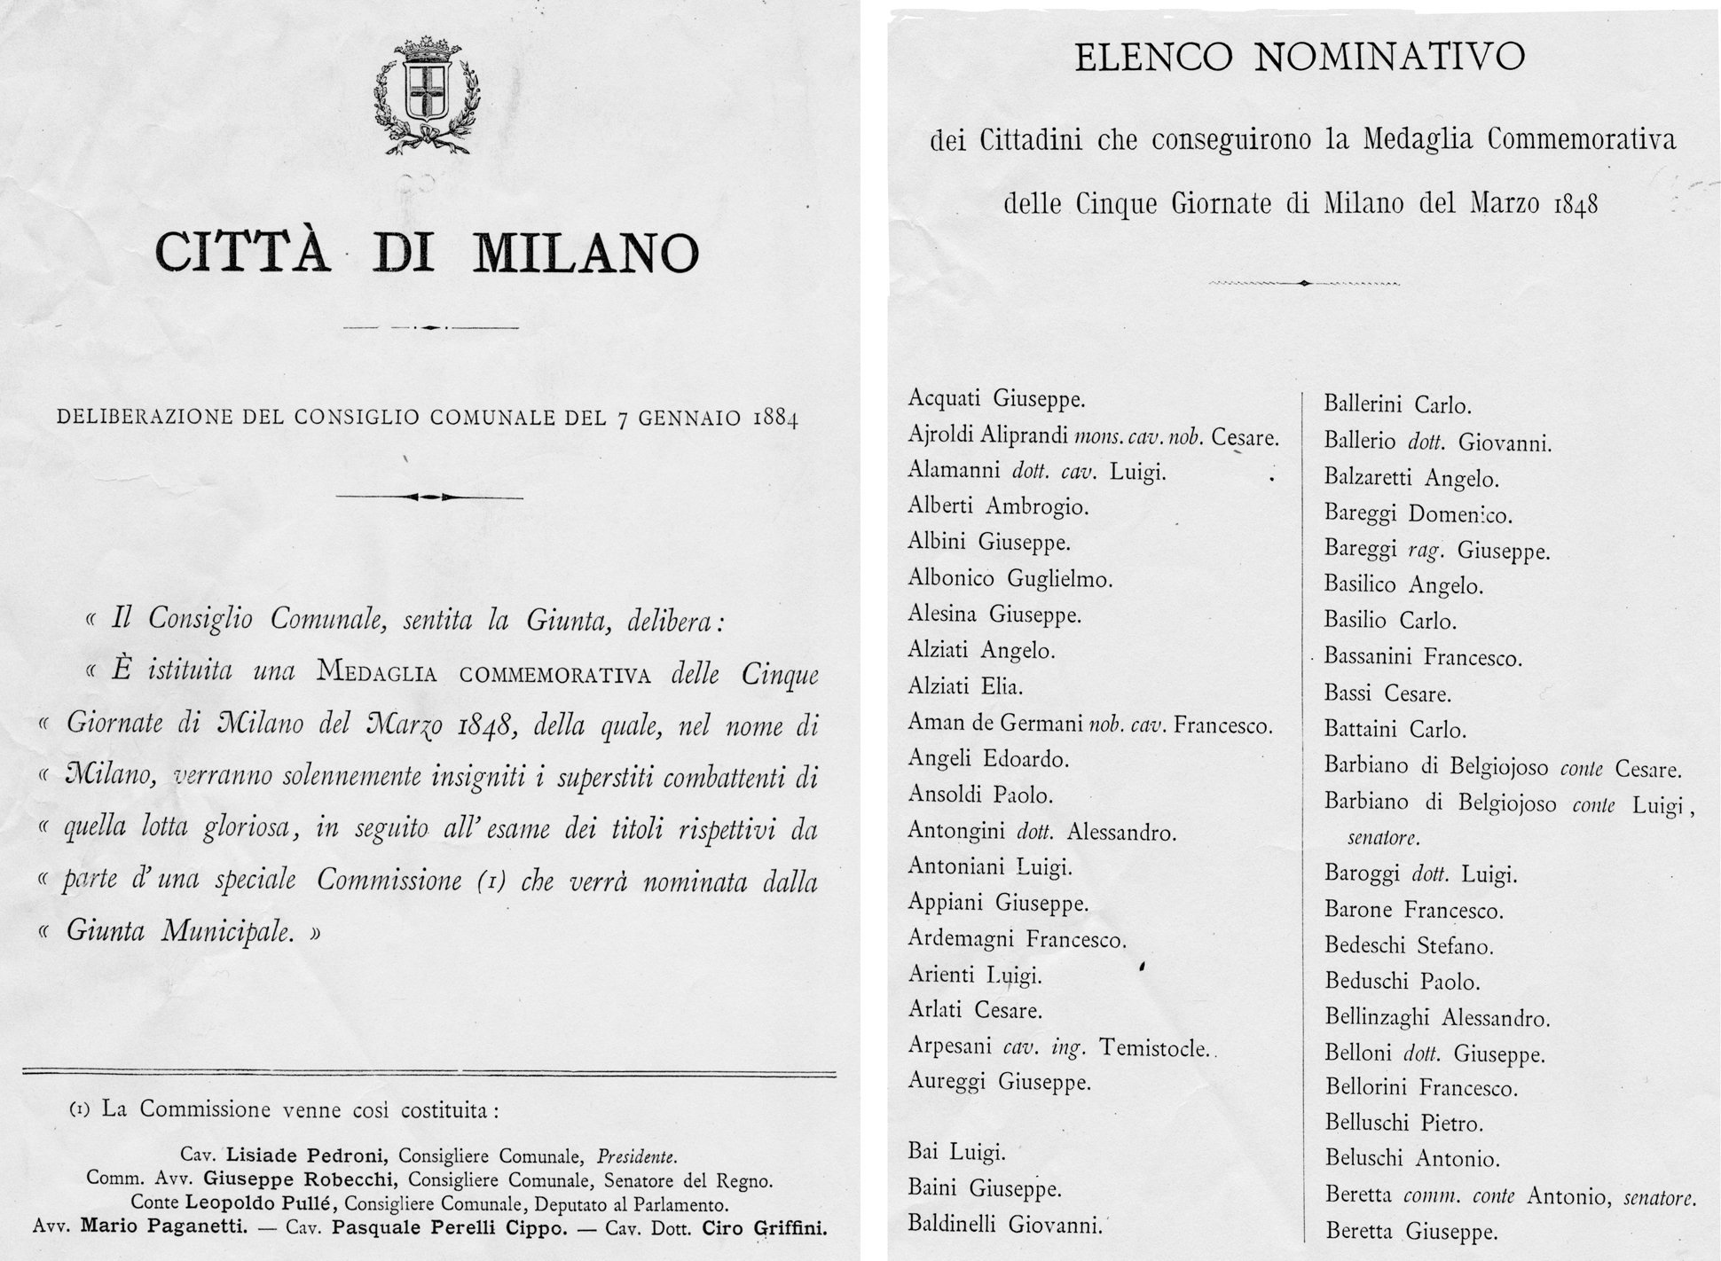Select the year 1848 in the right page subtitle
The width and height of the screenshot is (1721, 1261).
[1576, 204]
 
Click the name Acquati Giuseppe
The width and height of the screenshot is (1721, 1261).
[996, 399]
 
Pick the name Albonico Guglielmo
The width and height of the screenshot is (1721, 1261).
[1010, 579]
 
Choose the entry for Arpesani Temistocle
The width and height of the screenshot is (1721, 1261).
[1058, 1047]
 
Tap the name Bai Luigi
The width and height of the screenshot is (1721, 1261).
[956, 1152]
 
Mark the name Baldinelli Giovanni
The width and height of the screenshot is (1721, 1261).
[1004, 1226]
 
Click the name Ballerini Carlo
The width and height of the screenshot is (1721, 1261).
[1397, 405]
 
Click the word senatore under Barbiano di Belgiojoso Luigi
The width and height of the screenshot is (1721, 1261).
[1383, 837]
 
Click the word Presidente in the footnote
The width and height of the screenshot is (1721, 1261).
[636, 1156]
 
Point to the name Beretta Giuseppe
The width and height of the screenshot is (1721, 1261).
[1411, 1231]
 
